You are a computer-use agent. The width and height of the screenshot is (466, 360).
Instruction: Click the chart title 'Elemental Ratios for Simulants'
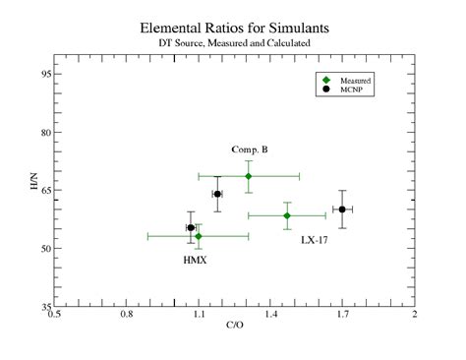tap(233, 30)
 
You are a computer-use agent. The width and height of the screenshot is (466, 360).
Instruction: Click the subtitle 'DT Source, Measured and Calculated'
tap(233, 44)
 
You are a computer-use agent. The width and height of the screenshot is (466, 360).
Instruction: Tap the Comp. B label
tap(250, 150)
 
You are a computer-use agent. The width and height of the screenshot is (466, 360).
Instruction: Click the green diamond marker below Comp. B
tap(249, 176)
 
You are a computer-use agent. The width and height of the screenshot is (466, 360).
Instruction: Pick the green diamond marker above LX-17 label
tap(287, 215)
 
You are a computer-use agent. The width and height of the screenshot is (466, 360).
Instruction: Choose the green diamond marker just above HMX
tap(199, 236)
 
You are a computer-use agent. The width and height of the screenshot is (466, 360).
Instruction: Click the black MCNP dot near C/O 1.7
tap(342, 210)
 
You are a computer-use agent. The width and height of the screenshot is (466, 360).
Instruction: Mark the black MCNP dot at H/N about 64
tap(217, 194)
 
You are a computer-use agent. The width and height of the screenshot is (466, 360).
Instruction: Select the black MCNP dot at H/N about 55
tap(191, 228)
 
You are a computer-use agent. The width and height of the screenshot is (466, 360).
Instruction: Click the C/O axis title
tap(235, 324)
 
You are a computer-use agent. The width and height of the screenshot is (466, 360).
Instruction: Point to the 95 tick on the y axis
tap(45, 74)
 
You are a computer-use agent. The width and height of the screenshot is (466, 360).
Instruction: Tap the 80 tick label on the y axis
tap(45, 132)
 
